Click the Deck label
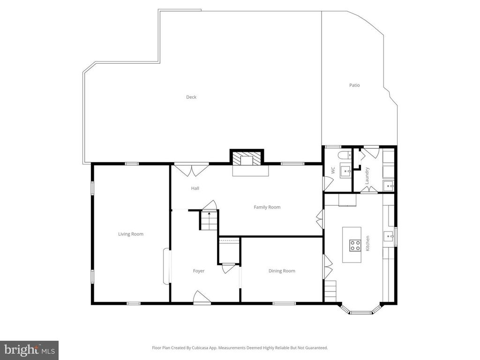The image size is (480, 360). click(x=191, y=97)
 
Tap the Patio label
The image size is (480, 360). click(x=354, y=85)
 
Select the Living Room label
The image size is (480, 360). click(x=130, y=234)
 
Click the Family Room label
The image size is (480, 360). click(x=267, y=207)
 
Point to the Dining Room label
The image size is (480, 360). click(x=282, y=271)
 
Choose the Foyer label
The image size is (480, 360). click(x=199, y=271)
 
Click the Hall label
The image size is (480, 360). click(x=195, y=188)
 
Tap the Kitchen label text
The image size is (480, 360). click(x=368, y=243)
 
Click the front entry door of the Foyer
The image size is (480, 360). click(x=202, y=298)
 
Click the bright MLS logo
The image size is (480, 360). click(x=29, y=350)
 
